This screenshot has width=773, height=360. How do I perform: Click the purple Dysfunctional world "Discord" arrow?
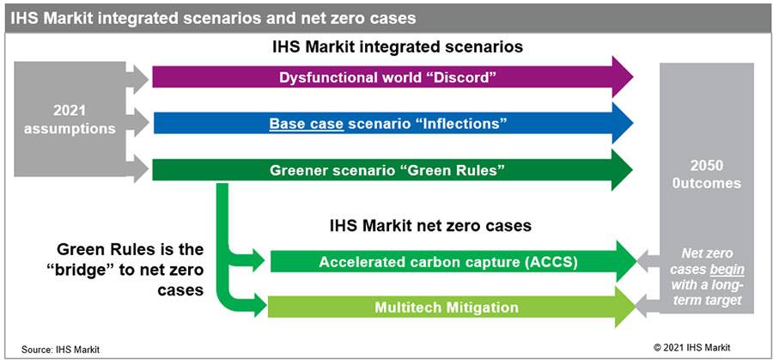[393, 77]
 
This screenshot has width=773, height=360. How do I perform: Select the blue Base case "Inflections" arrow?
[393, 123]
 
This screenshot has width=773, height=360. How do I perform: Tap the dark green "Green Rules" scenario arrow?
[393, 170]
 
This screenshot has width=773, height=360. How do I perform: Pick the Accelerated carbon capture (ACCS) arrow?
[453, 261]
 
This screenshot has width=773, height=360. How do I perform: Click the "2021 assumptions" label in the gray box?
[70, 119]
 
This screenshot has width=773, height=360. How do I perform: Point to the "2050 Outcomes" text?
[706, 174]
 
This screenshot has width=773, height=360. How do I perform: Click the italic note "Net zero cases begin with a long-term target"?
[707, 278]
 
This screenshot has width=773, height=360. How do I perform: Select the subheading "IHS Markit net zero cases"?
[430, 226]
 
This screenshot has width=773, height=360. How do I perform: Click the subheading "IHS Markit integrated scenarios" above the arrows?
[398, 47]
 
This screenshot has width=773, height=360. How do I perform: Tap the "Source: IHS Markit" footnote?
[60, 350]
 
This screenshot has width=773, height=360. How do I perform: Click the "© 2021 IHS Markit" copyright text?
[692, 348]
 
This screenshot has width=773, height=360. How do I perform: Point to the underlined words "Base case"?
[306, 123]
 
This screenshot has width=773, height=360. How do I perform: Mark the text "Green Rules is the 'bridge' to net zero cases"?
[131, 270]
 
